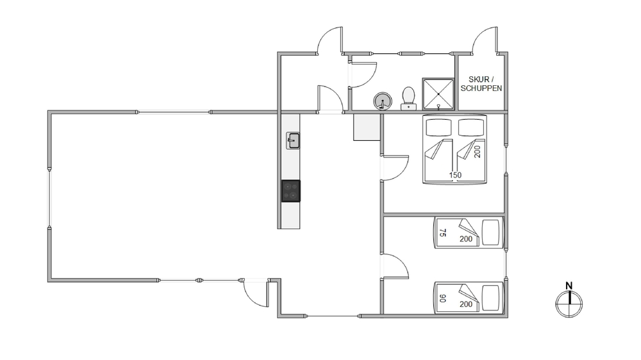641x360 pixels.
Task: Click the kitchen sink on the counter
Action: [x=293, y=140]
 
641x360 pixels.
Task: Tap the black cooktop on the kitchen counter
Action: [x=290, y=191]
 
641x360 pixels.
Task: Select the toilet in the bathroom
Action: [x=408, y=99]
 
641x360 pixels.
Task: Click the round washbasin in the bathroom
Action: [x=383, y=101]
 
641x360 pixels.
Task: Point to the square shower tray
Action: [x=438, y=94]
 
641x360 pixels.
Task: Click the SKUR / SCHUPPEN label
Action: [x=481, y=84]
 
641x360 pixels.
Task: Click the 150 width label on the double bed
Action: [x=455, y=176]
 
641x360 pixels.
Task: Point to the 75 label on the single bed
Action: [x=442, y=233]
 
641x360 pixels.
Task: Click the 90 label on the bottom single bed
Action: [x=442, y=299]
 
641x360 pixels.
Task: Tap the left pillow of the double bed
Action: [x=438, y=127]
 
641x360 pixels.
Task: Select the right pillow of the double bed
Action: [x=471, y=127]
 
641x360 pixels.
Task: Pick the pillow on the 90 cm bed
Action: [x=491, y=299]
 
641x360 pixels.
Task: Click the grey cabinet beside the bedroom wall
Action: [x=367, y=127]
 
